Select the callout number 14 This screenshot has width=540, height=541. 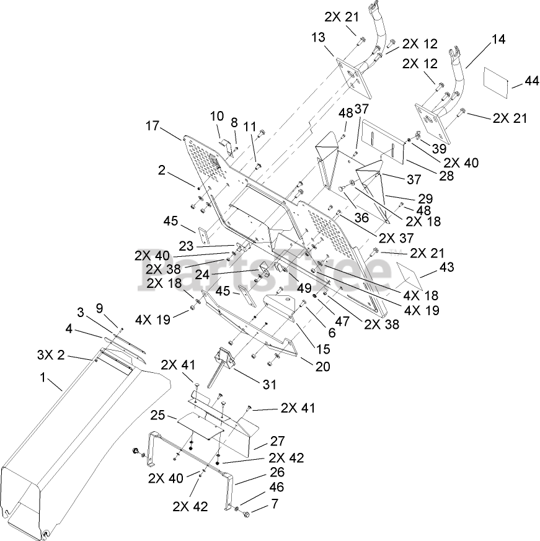pyautogui.click(x=498, y=39)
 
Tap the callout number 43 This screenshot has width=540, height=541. pyautogui.click(x=446, y=267)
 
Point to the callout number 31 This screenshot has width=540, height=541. pyautogui.click(x=268, y=385)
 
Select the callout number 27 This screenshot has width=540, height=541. pyautogui.click(x=277, y=441)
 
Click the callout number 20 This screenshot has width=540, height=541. pyautogui.click(x=322, y=366)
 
